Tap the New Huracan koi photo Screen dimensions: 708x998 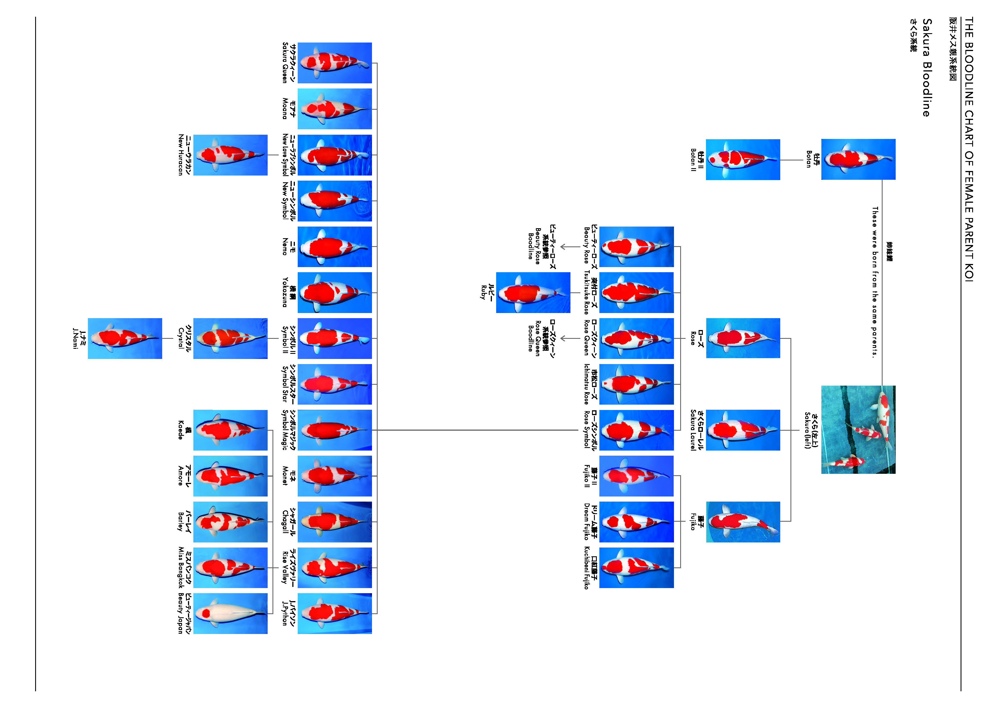click(x=230, y=155)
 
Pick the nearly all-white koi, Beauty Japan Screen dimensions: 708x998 click(x=230, y=613)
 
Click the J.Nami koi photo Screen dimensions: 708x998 click(x=125, y=338)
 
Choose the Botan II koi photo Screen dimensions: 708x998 click(x=743, y=160)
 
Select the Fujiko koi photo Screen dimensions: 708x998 click(x=743, y=522)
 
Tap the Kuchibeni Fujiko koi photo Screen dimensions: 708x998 click(x=636, y=568)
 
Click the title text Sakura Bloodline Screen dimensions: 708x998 click(x=927, y=67)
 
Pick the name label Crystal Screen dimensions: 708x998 click(x=184, y=338)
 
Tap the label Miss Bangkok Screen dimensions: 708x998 click(x=184, y=568)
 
